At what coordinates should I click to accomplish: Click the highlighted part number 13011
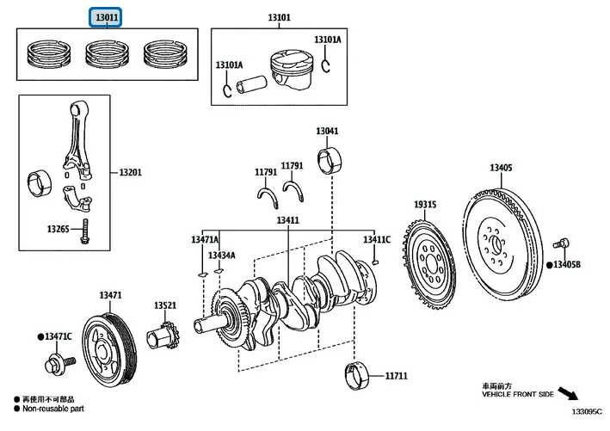coord(107,16)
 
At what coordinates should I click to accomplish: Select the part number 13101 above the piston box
coord(279,16)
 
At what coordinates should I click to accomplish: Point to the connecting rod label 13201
coord(130,172)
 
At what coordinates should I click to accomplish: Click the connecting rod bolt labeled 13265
coord(85,231)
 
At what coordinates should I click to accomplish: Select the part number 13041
coord(327,132)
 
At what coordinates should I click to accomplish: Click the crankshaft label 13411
coord(287,220)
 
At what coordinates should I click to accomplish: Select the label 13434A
coord(220,256)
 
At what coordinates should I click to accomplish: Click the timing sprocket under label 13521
coord(163,336)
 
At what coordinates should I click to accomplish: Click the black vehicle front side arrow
coord(568,395)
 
